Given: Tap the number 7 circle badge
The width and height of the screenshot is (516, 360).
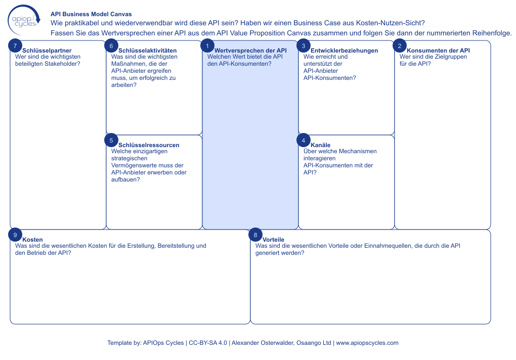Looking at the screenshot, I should coord(15,46).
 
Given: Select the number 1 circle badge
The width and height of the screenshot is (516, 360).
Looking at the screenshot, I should coord(207,46).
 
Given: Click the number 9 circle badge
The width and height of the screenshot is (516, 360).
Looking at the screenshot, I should coord(15,235).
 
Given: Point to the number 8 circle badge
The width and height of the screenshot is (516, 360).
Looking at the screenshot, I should coord(255,235).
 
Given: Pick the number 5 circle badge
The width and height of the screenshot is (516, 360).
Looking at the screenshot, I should coord(111,140).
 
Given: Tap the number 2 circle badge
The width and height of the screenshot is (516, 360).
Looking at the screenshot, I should coord(400,46).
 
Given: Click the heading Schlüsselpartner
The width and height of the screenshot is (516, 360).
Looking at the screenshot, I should coord(47,51).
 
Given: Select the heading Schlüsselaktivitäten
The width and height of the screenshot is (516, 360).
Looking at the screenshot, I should coord(147,51).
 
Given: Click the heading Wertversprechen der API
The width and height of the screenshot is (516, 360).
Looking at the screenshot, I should coord(250,51).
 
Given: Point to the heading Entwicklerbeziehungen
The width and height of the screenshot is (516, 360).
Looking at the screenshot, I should coord(344,51).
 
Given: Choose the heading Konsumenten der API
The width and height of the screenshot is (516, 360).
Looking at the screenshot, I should coord(438,51).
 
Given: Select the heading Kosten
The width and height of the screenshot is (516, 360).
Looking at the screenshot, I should coord(32,240).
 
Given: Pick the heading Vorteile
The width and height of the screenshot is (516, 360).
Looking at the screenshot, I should coord(273,240).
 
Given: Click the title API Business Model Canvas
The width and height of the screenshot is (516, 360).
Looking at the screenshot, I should coord(91,15).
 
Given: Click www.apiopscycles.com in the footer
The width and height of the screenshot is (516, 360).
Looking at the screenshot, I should coord(367,343).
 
